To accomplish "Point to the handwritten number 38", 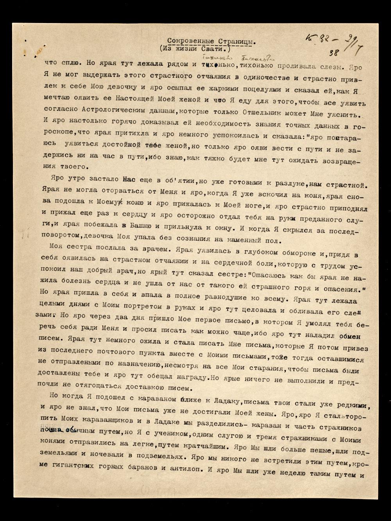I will click(x=334, y=52).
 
